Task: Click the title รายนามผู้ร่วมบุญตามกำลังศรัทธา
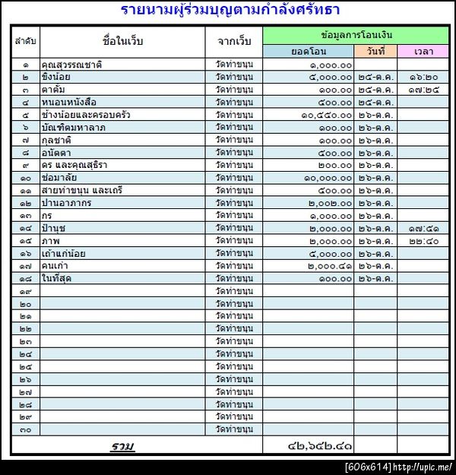coord(230,11)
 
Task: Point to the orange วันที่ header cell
coord(375,51)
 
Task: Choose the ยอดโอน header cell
coord(309,51)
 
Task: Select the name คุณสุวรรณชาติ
coord(73,65)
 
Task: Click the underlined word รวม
coord(122,445)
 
